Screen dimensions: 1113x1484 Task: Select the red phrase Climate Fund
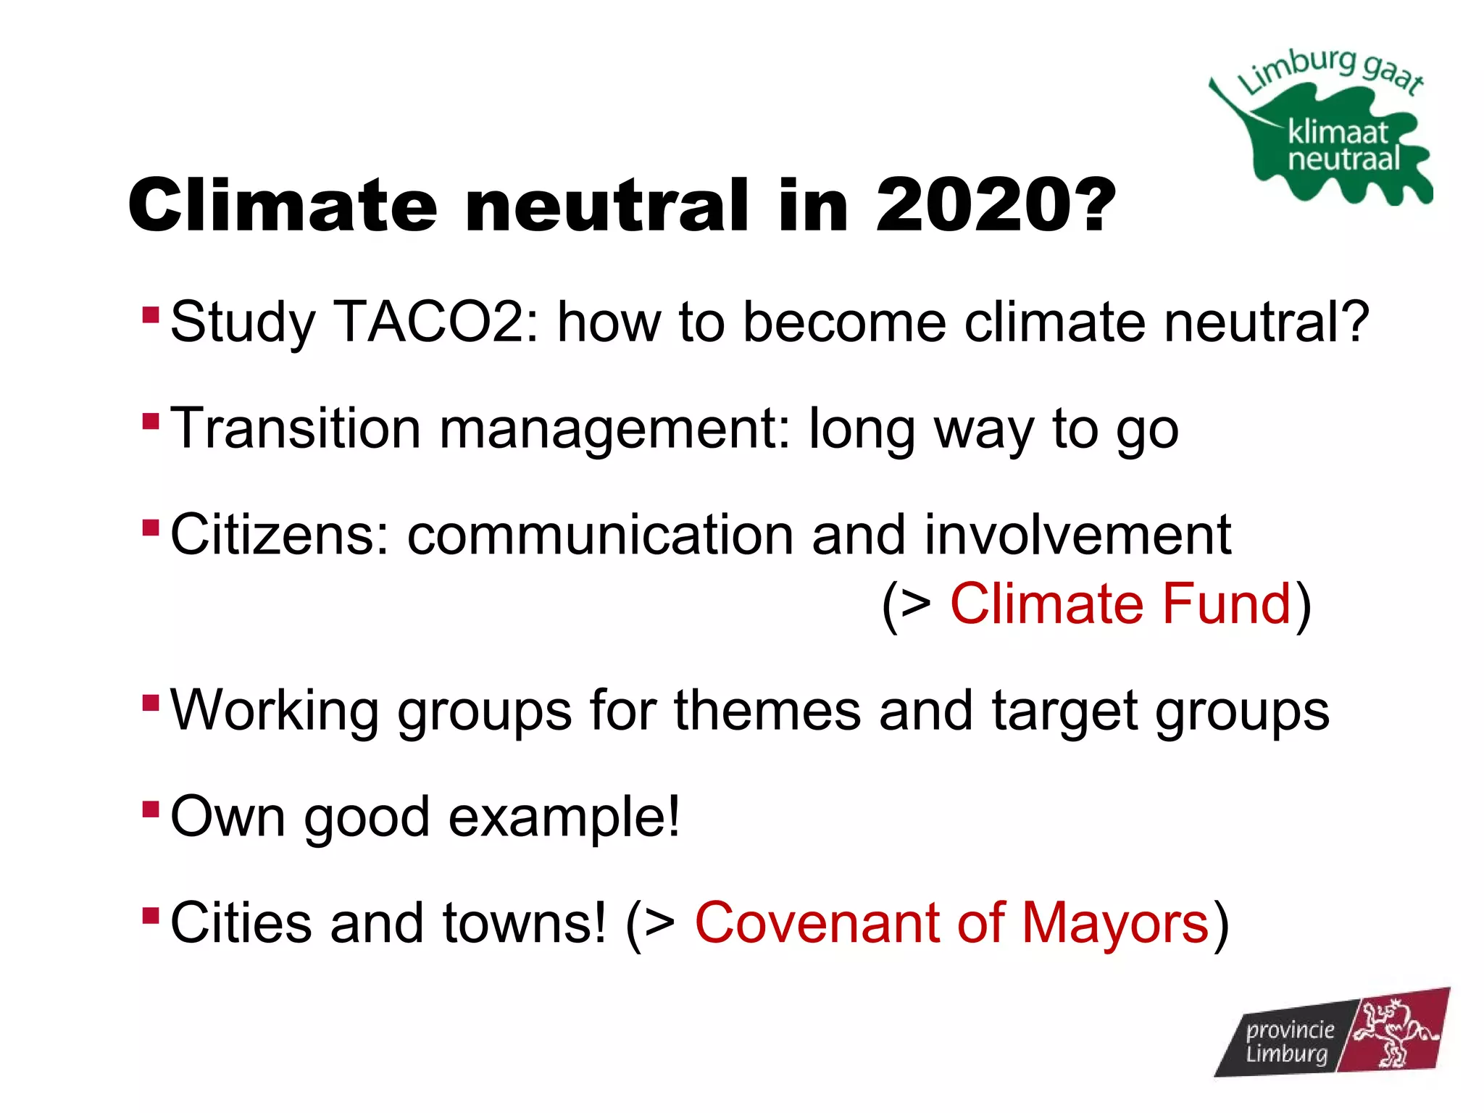[1120, 604]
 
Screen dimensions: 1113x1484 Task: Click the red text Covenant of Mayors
[951, 923]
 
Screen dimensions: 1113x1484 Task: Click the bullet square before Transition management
[151, 421]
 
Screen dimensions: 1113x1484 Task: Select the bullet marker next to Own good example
[151, 809]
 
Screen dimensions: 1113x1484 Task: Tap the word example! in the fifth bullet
[564, 817]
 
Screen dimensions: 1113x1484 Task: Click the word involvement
[1077, 535]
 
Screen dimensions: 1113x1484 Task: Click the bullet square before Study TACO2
[151, 314]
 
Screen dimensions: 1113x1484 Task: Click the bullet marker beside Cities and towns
[151, 915]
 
